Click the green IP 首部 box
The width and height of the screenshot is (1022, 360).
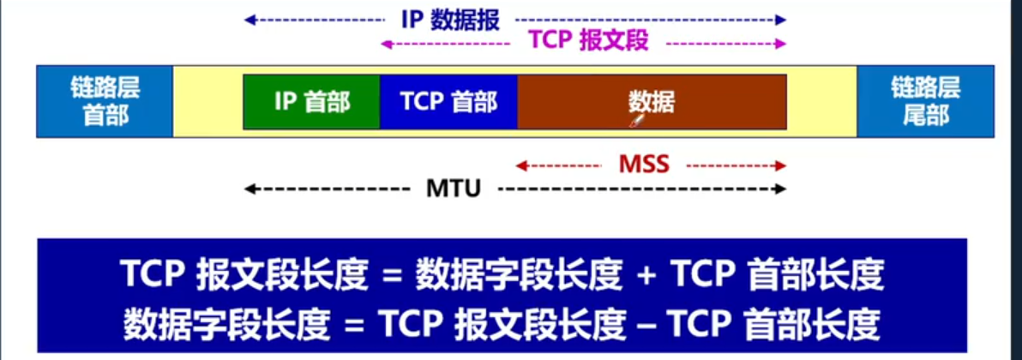click(x=311, y=102)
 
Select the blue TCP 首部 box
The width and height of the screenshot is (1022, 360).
click(x=448, y=102)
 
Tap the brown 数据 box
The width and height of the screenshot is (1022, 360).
click(x=652, y=102)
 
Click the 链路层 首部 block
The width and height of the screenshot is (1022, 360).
click(x=105, y=101)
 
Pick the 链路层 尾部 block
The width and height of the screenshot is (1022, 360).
click(x=925, y=101)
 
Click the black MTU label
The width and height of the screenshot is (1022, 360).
click(x=454, y=188)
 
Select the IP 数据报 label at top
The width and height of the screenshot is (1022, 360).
click(x=450, y=20)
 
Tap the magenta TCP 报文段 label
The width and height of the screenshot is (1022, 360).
click(x=588, y=40)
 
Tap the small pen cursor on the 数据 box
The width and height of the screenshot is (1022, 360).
click(x=636, y=123)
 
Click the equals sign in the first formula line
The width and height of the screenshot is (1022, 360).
click(x=392, y=276)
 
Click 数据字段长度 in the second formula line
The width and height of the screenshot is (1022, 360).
click(x=226, y=324)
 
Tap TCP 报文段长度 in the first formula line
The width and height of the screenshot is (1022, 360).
click(x=245, y=275)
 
